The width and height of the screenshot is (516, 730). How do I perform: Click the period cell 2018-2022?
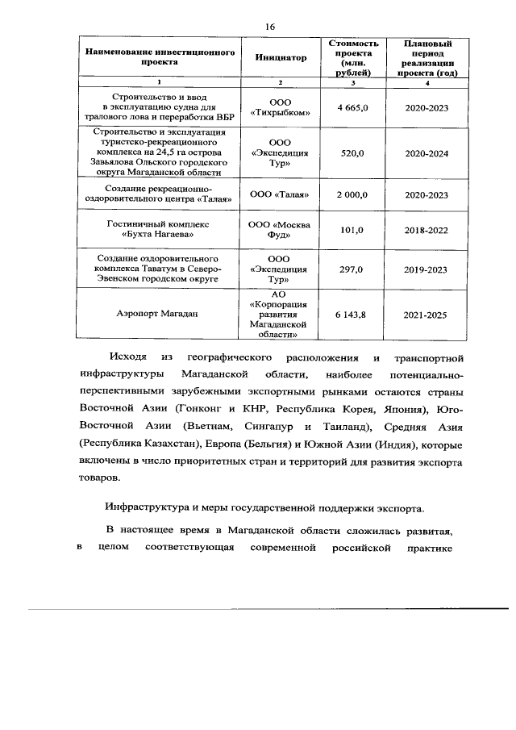[x=427, y=230]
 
